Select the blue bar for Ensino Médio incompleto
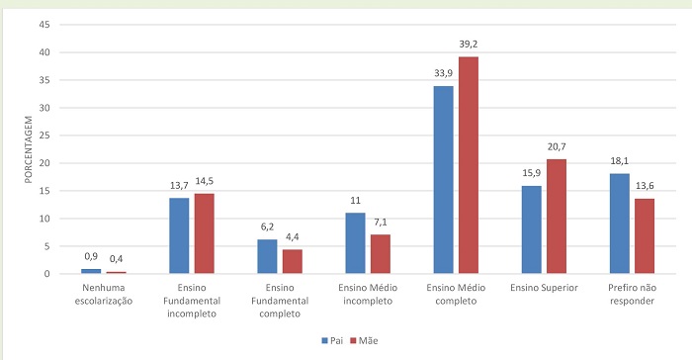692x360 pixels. (354, 242)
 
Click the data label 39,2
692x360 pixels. (469, 45)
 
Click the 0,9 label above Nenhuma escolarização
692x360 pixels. (91, 256)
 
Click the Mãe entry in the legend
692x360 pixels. (366, 340)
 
